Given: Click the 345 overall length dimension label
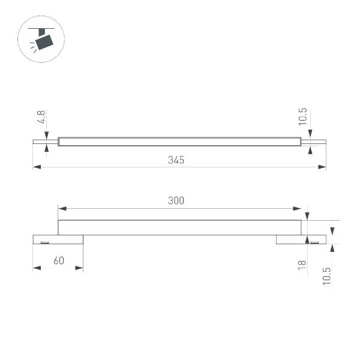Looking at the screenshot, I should (x=175, y=160).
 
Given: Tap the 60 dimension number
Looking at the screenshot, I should (x=58, y=261).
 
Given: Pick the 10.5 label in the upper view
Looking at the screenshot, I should (x=302, y=116).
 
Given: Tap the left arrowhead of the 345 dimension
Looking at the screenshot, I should (x=37, y=167).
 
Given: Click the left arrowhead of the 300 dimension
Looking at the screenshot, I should (x=61, y=209).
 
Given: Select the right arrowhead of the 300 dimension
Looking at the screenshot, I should (x=298, y=209).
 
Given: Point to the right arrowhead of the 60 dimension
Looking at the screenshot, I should (x=79, y=268).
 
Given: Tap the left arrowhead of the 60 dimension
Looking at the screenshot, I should (x=37, y=268).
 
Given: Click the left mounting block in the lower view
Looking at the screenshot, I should (x=58, y=239).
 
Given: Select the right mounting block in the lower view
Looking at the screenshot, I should (x=301, y=239).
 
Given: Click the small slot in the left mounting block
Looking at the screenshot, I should (x=44, y=242).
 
